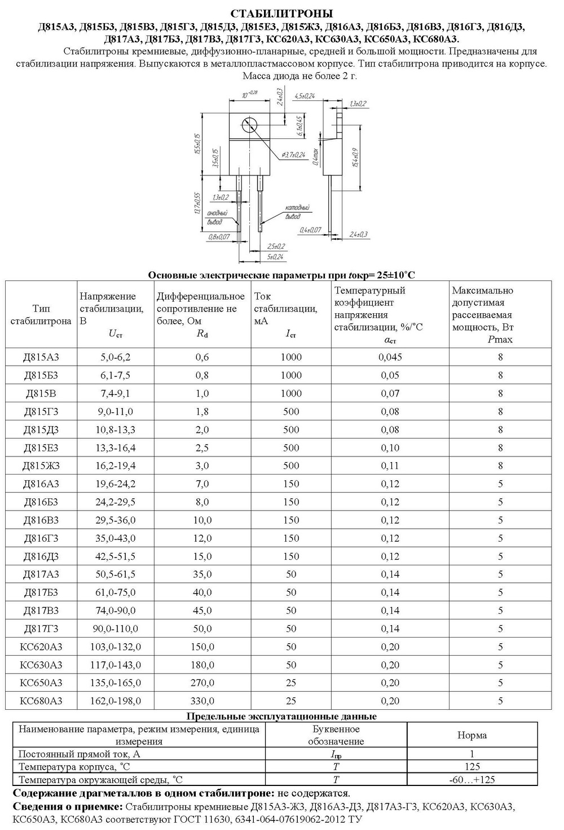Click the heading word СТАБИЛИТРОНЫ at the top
tap(281, 13)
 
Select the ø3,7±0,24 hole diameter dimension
tap(292, 154)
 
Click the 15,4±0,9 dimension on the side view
tap(354, 158)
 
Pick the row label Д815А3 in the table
tap(41, 357)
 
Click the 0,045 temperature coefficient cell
tap(390, 357)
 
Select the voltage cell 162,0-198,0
tap(116, 701)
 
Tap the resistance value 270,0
tap(202, 683)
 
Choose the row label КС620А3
tap(41, 647)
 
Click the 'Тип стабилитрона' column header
tap(41, 315)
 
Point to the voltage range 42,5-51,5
tap(116, 556)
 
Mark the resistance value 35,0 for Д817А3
tap(202, 574)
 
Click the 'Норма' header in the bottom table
tap(472, 735)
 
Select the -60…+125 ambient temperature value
tap(472, 780)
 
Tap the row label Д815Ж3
tap(41, 466)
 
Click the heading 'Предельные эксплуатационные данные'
tap(281, 716)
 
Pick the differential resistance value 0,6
tap(202, 357)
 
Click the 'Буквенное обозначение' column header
tap(336, 735)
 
